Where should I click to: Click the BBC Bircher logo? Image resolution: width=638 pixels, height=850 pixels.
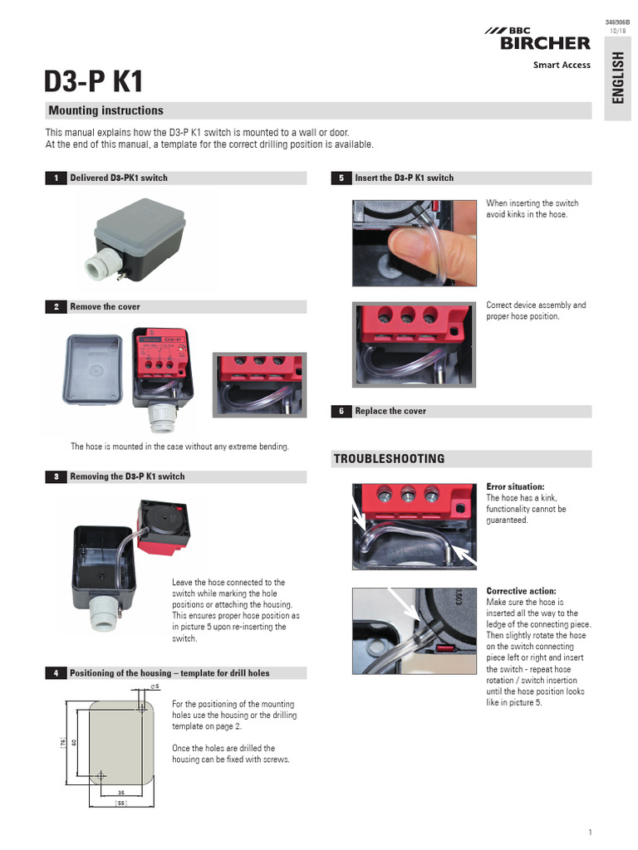tap(537, 38)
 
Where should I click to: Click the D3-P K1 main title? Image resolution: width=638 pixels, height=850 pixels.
tap(94, 81)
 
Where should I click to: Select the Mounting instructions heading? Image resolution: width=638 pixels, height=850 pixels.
tap(106, 110)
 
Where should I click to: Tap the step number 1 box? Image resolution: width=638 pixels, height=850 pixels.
tap(55, 178)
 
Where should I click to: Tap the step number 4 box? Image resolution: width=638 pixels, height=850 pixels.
tap(55, 672)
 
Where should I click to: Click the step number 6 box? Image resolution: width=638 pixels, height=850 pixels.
tap(341, 411)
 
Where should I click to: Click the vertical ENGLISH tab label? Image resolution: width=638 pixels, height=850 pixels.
tap(617, 77)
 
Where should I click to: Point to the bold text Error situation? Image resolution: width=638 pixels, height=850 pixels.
tap(515, 486)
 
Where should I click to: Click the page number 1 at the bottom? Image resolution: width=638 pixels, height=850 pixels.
tap(589, 833)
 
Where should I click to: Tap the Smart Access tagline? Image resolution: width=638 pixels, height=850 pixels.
tap(562, 65)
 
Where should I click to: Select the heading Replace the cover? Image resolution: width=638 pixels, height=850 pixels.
tap(390, 411)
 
